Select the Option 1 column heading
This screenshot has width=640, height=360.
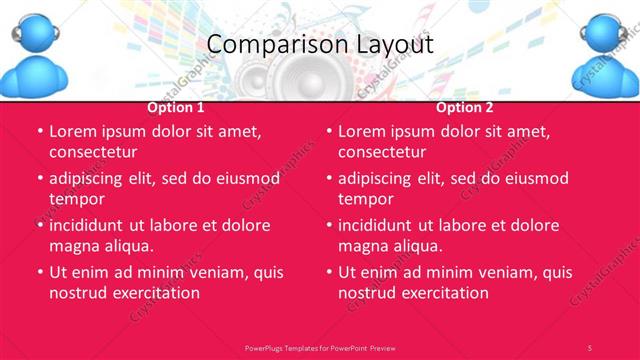click(x=176, y=108)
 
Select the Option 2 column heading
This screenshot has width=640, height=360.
click(x=465, y=108)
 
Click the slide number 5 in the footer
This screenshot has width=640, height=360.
click(x=589, y=347)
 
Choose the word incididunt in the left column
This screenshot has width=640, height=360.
click(x=93, y=225)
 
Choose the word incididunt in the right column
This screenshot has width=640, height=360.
click(x=382, y=225)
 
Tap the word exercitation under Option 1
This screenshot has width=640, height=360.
click(x=155, y=293)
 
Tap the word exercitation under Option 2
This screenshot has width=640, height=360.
click(x=444, y=293)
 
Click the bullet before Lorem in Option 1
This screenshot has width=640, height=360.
click(x=40, y=132)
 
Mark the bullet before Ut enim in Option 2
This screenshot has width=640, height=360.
click(x=329, y=273)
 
